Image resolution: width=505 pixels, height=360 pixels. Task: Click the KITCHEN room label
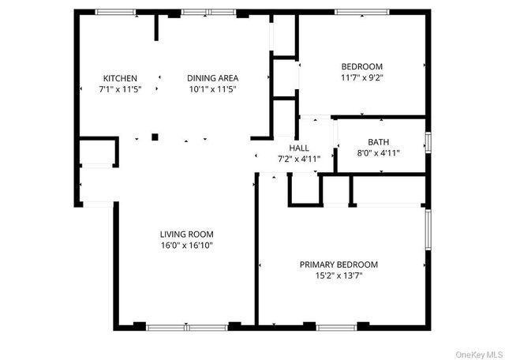coord(120,78)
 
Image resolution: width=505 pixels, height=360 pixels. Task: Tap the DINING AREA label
coord(212,78)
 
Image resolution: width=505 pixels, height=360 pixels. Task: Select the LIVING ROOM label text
coord(186,234)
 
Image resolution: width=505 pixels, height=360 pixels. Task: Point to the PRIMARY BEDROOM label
coord(331,264)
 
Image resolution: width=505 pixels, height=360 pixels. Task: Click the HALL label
coord(298,148)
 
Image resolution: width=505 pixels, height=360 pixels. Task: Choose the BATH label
coord(378,142)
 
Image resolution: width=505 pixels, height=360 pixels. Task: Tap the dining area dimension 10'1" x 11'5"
coord(212,89)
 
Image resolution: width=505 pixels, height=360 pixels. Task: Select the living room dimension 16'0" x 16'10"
coord(186,246)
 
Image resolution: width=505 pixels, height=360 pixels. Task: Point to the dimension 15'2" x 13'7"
coord(331,276)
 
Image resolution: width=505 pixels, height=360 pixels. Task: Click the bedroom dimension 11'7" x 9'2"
coord(361,77)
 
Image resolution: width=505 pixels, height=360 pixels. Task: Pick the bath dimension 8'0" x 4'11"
coord(378,153)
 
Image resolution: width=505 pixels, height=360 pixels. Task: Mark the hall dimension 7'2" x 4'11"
coord(298,159)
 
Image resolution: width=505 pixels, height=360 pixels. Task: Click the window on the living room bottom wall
coord(187,325)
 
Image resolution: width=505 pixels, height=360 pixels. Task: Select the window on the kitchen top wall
coord(115,12)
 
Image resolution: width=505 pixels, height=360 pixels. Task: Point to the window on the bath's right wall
coord(428,143)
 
